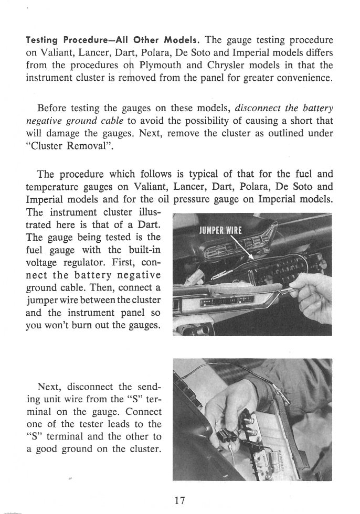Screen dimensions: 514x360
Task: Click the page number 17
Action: coord(179,501)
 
